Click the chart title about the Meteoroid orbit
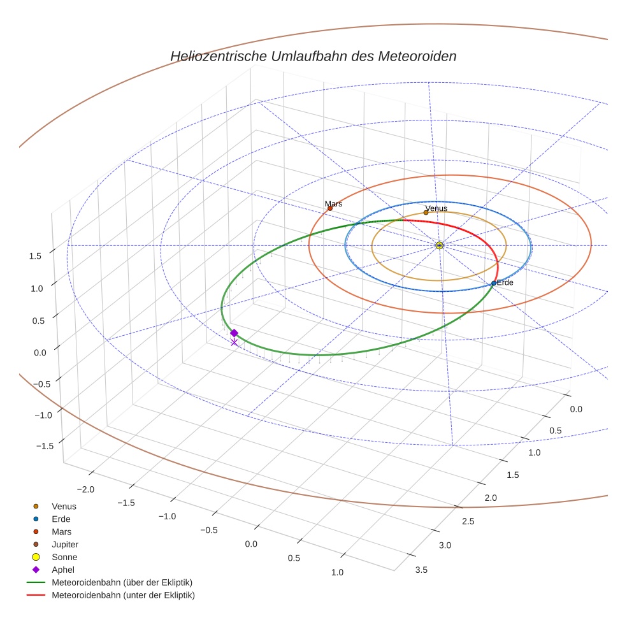pyautogui.click(x=313, y=56)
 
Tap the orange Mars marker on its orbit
pyautogui.click(x=330, y=208)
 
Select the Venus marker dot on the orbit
pyautogui.click(x=426, y=213)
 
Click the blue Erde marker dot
pyautogui.click(x=494, y=283)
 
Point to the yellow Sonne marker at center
pyautogui.click(x=439, y=245)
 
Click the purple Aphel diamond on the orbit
pyautogui.click(x=234, y=333)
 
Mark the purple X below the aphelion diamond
pyautogui.click(x=234, y=343)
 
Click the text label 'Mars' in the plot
pyautogui.click(x=333, y=203)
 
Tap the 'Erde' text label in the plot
pyautogui.click(x=505, y=282)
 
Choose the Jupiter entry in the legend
pyautogui.click(x=64, y=544)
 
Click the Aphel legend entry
pyautogui.click(x=62, y=570)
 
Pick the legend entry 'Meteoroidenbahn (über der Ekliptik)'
pyautogui.click(x=122, y=582)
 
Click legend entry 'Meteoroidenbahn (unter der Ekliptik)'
pyautogui.click(x=123, y=595)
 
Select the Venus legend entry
pyautogui.click(x=64, y=506)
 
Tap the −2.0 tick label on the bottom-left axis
pyautogui.click(x=85, y=489)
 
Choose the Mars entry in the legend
pyautogui.click(x=61, y=531)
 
